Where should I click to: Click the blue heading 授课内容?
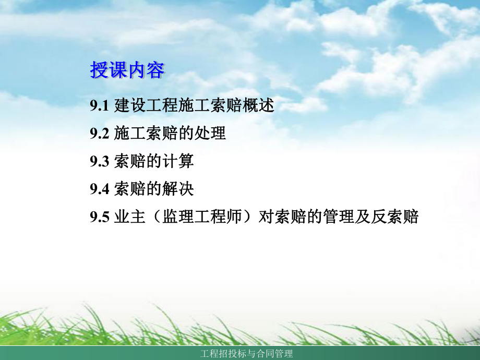click(x=127, y=70)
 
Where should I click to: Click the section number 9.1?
click(x=99, y=106)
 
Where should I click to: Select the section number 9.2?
click(x=99, y=134)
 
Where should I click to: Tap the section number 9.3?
click(x=99, y=161)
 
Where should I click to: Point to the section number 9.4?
click(x=99, y=189)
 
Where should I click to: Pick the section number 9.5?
click(x=99, y=217)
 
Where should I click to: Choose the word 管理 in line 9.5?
click(x=339, y=217)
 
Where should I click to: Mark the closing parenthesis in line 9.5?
click(x=249, y=217)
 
